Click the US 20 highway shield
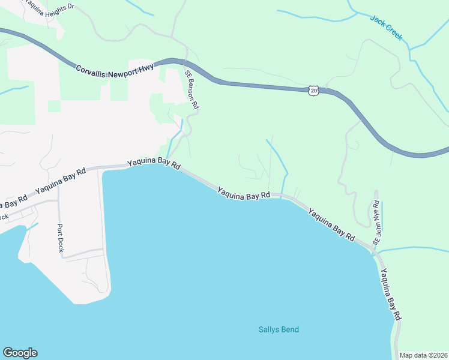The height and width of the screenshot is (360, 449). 313,91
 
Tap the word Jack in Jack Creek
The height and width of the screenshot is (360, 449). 378,22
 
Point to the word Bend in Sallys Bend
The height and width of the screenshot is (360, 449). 289,329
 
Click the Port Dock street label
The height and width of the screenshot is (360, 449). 60,237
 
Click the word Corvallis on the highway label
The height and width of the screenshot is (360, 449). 91,71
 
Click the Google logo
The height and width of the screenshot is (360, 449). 20,353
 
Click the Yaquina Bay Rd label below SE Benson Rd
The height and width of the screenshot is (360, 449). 153,164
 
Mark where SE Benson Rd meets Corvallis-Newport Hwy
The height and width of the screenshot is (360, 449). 184,62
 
